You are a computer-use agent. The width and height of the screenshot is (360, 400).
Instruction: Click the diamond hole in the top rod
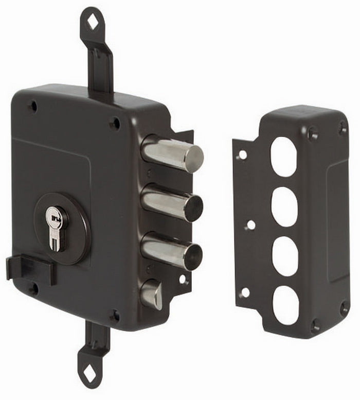coord(93,22)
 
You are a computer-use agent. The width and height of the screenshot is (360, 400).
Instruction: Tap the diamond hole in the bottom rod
coord(89,376)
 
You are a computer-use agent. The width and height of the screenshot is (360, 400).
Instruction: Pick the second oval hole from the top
coord(284,206)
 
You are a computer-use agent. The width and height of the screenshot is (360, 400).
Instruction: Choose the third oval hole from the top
coord(284,256)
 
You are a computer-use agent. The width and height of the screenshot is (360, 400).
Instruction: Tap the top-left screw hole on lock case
coord(33,107)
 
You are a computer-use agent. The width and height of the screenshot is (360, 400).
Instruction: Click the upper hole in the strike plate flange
coord(242,154)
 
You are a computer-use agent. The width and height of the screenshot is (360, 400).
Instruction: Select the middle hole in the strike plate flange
coord(250,225)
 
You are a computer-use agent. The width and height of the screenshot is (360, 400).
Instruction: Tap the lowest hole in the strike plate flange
coord(244,292)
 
